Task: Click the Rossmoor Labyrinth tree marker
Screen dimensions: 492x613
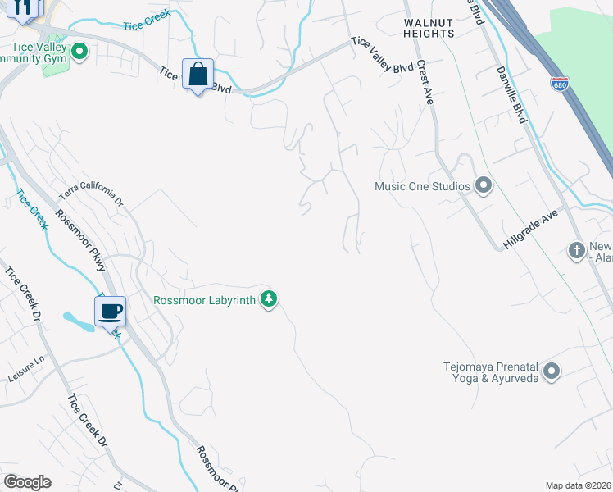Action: (268, 299)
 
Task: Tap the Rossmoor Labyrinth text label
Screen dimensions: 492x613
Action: (205, 300)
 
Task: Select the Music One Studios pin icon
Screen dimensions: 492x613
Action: (483, 186)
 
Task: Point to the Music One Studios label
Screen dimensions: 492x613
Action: (422, 186)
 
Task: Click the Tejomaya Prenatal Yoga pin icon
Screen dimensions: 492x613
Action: (552, 372)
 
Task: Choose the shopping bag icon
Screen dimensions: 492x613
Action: (198, 75)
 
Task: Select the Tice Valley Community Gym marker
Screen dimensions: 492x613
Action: (79, 53)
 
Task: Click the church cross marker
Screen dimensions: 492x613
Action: (577, 249)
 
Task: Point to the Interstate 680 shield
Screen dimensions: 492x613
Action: (560, 84)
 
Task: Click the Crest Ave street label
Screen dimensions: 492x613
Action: (425, 82)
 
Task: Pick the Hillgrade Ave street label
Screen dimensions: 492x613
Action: (529, 230)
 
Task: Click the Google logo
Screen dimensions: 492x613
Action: (27, 482)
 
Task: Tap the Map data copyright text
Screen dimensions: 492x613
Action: (579, 485)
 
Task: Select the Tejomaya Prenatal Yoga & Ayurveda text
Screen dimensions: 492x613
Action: (491, 372)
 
